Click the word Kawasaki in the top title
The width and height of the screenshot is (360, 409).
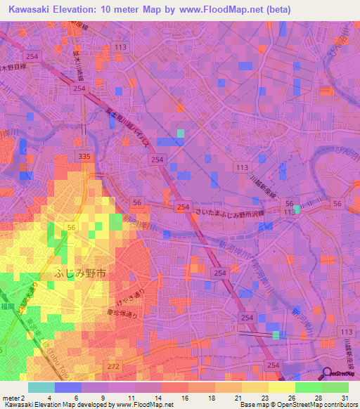(x=32, y=10)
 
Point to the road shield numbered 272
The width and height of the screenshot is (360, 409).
(x=113, y=367)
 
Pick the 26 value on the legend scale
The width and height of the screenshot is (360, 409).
(x=290, y=397)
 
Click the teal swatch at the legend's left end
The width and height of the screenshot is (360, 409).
(x=41, y=387)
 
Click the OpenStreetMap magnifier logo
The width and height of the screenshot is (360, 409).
(x=328, y=374)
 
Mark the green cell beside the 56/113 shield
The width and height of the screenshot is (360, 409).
(x=297, y=209)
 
